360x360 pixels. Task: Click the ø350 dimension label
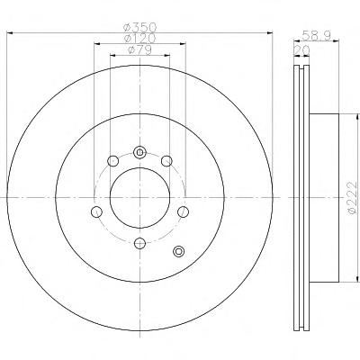point(140,28)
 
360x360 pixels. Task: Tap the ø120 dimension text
point(140,39)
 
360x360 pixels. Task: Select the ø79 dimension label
point(139,49)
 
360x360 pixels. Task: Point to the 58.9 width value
point(316,36)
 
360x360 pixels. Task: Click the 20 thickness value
point(301,50)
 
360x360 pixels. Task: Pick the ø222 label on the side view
point(353,198)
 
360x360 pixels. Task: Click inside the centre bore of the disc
point(140,198)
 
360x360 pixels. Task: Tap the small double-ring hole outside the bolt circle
point(179,251)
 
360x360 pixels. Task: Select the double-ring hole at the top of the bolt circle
point(139,152)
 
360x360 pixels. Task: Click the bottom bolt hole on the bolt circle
point(139,243)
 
